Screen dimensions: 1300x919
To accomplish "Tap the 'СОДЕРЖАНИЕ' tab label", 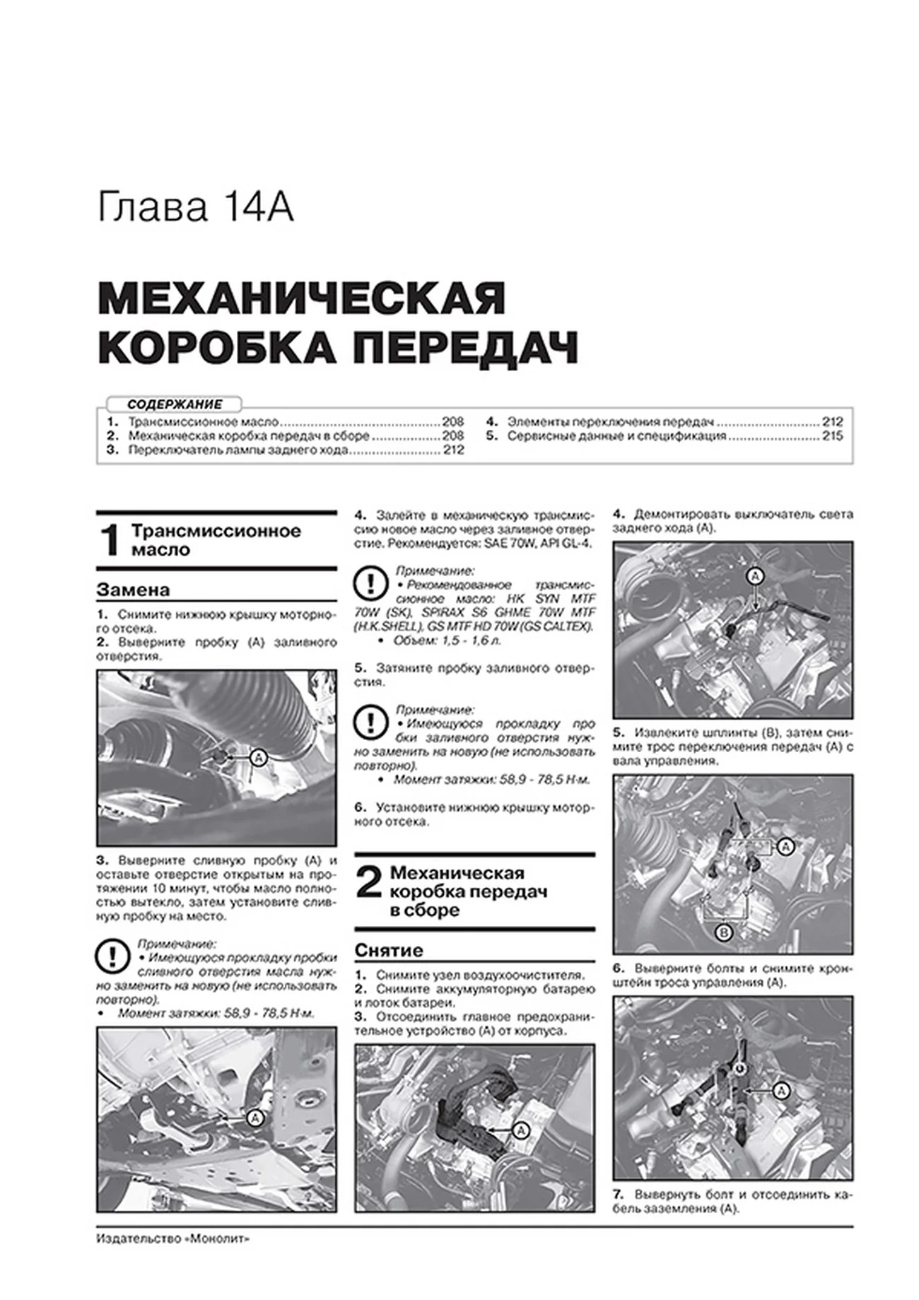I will (175, 404).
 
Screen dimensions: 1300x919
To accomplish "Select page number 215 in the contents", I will (832, 436).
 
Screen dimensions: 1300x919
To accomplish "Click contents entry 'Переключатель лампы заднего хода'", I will (238, 450).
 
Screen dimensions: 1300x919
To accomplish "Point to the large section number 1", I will (110, 541).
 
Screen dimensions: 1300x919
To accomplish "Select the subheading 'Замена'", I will (133, 590).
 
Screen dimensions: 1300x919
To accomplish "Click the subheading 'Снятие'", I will (389, 950).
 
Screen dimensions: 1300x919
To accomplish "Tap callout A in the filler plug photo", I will (259, 758).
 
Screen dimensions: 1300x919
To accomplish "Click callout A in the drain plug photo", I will (255, 1118).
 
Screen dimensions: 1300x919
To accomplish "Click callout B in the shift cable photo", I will (723, 933).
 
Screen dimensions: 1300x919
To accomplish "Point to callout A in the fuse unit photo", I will (521, 1131).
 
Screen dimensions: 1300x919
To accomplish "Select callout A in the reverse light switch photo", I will (755, 576).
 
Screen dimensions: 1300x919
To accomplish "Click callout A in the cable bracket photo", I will (781, 1091).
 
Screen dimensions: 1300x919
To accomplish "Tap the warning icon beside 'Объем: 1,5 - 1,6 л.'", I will (370, 584).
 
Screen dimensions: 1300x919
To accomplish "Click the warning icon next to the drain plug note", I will (111, 957).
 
